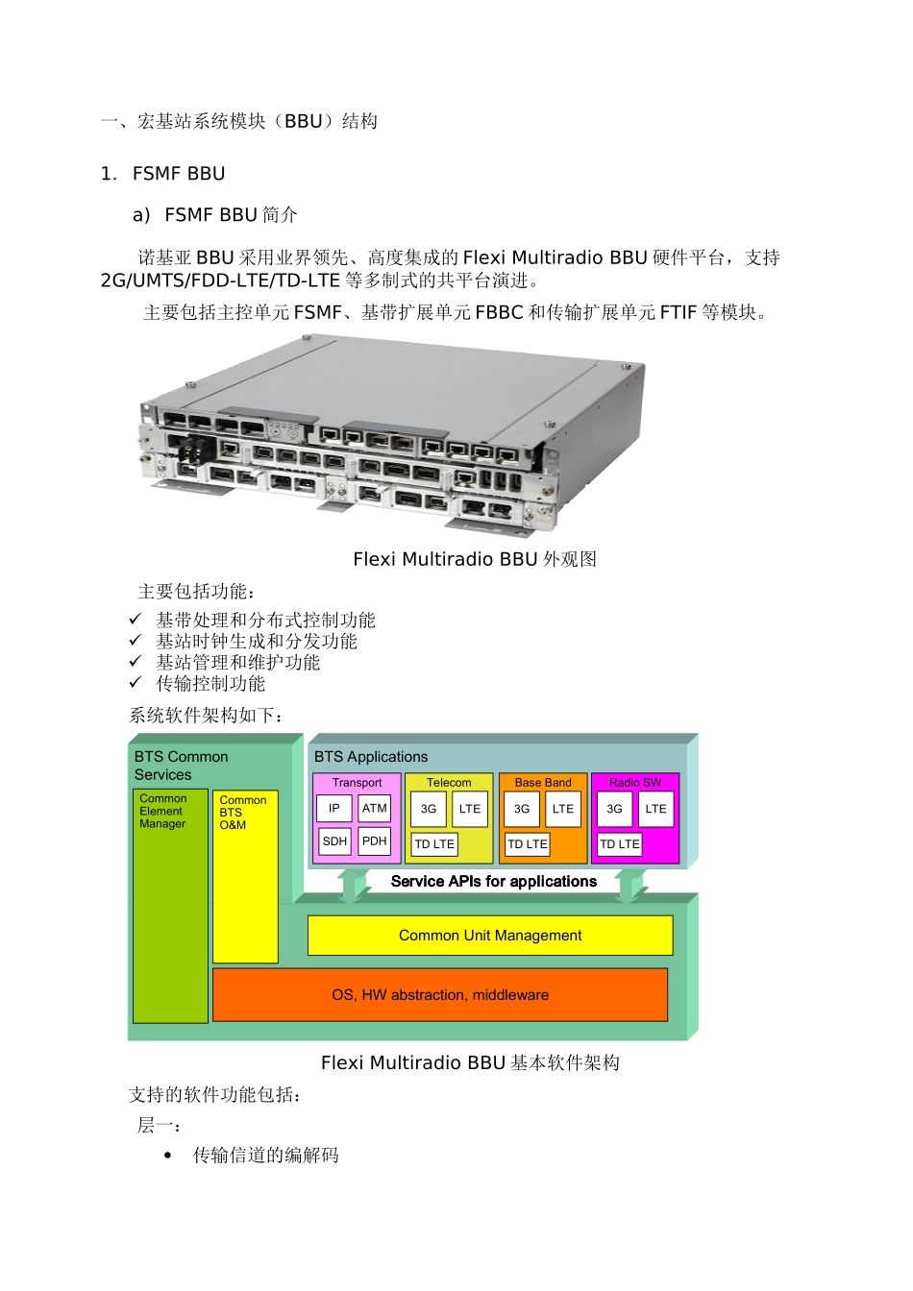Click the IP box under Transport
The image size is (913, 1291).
coord(333,809)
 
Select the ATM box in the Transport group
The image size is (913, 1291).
coord(375,809)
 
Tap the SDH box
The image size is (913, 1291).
coord(334,841)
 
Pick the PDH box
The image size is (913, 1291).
coord(375,841)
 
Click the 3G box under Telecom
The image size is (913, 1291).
coord(429,809)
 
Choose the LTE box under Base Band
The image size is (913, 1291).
coord(563,809)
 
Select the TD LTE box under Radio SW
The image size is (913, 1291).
coord(620,844)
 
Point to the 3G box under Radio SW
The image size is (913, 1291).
coord(614,809)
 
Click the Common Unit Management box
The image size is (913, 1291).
coord(490,936)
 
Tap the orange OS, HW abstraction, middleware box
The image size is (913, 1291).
coord(440,995)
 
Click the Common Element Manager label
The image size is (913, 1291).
coord(162,812)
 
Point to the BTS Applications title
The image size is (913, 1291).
coord(371,757)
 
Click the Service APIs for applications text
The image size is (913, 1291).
coord(494,882)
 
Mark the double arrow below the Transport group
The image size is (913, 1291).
coord(354,885)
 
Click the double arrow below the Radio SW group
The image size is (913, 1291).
coord(631,885)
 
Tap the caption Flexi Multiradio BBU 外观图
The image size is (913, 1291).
coord(475,559)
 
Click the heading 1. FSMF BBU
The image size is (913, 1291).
coord(163,174)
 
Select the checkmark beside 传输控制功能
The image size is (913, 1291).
coord(136,683)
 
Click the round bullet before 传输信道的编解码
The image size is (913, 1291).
coord(168,1156)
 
